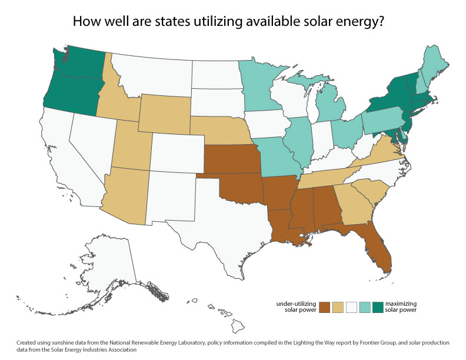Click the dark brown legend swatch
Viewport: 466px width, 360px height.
coord(325,308)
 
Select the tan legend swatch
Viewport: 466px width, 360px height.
coord(338,308)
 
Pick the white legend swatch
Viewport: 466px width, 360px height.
coord(351,308)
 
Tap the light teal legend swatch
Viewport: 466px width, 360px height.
coord(365,308)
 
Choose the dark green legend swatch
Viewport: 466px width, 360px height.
coord(378,308)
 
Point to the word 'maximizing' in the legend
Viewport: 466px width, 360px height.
coord(401,304)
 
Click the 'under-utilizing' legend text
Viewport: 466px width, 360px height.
coord(296,304)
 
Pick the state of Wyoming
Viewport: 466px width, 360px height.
coord(165,114)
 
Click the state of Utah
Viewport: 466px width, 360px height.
coord(133,145)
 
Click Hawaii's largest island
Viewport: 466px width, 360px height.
coord(238,326)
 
